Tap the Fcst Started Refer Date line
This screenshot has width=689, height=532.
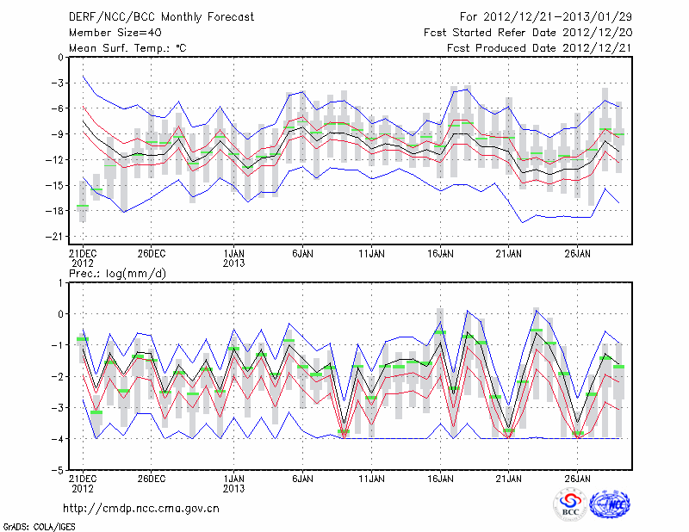click(527, 33)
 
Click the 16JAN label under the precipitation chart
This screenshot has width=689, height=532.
click(440, 478)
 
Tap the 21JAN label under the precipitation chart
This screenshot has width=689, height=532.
click(508, 478)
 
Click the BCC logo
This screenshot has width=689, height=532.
click(570, 505)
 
